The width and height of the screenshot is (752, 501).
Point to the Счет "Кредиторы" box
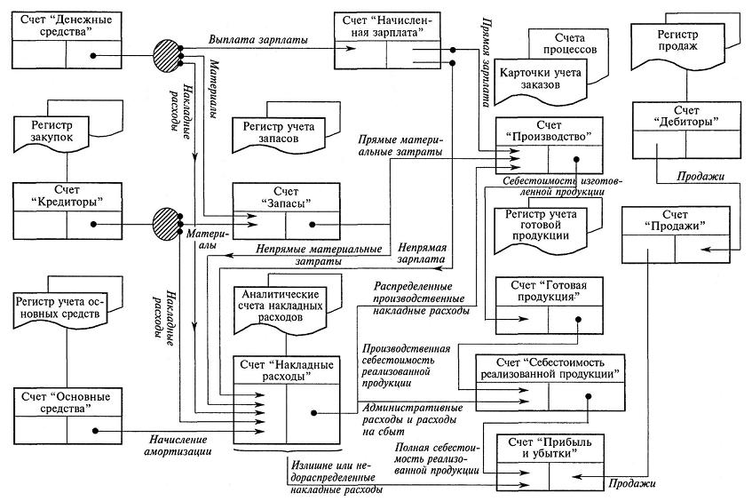(67, 211)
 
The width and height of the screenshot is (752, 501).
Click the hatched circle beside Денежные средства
(166, 50)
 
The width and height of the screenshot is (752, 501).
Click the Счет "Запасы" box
(285, 211)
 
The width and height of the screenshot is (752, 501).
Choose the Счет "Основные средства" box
(67, 417)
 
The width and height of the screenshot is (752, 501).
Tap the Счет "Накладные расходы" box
(285, 400)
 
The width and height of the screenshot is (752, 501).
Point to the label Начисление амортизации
(180, 445)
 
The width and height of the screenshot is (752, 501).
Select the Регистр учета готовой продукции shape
(543, 225)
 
